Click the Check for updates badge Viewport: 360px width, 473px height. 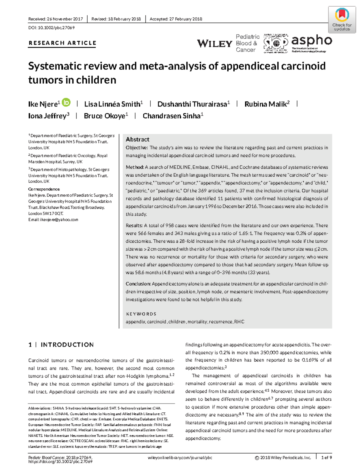342,19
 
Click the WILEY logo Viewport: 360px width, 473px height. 214,43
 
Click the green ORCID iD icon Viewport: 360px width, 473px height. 66,103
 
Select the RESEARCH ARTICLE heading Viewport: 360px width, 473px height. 62,43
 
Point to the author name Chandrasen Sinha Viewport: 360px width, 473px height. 171,116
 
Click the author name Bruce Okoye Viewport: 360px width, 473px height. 104,116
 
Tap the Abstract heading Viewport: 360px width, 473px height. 137,139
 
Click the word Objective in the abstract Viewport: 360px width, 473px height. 136,148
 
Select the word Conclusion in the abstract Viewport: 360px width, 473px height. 138,284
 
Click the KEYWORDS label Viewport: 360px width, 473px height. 141,314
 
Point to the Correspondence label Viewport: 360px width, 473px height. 44,189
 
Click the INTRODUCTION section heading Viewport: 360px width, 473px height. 67,345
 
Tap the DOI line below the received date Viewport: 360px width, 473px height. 51,28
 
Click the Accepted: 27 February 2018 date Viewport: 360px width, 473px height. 176,19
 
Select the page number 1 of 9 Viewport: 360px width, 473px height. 326,457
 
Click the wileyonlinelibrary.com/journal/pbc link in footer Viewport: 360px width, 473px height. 180,457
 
